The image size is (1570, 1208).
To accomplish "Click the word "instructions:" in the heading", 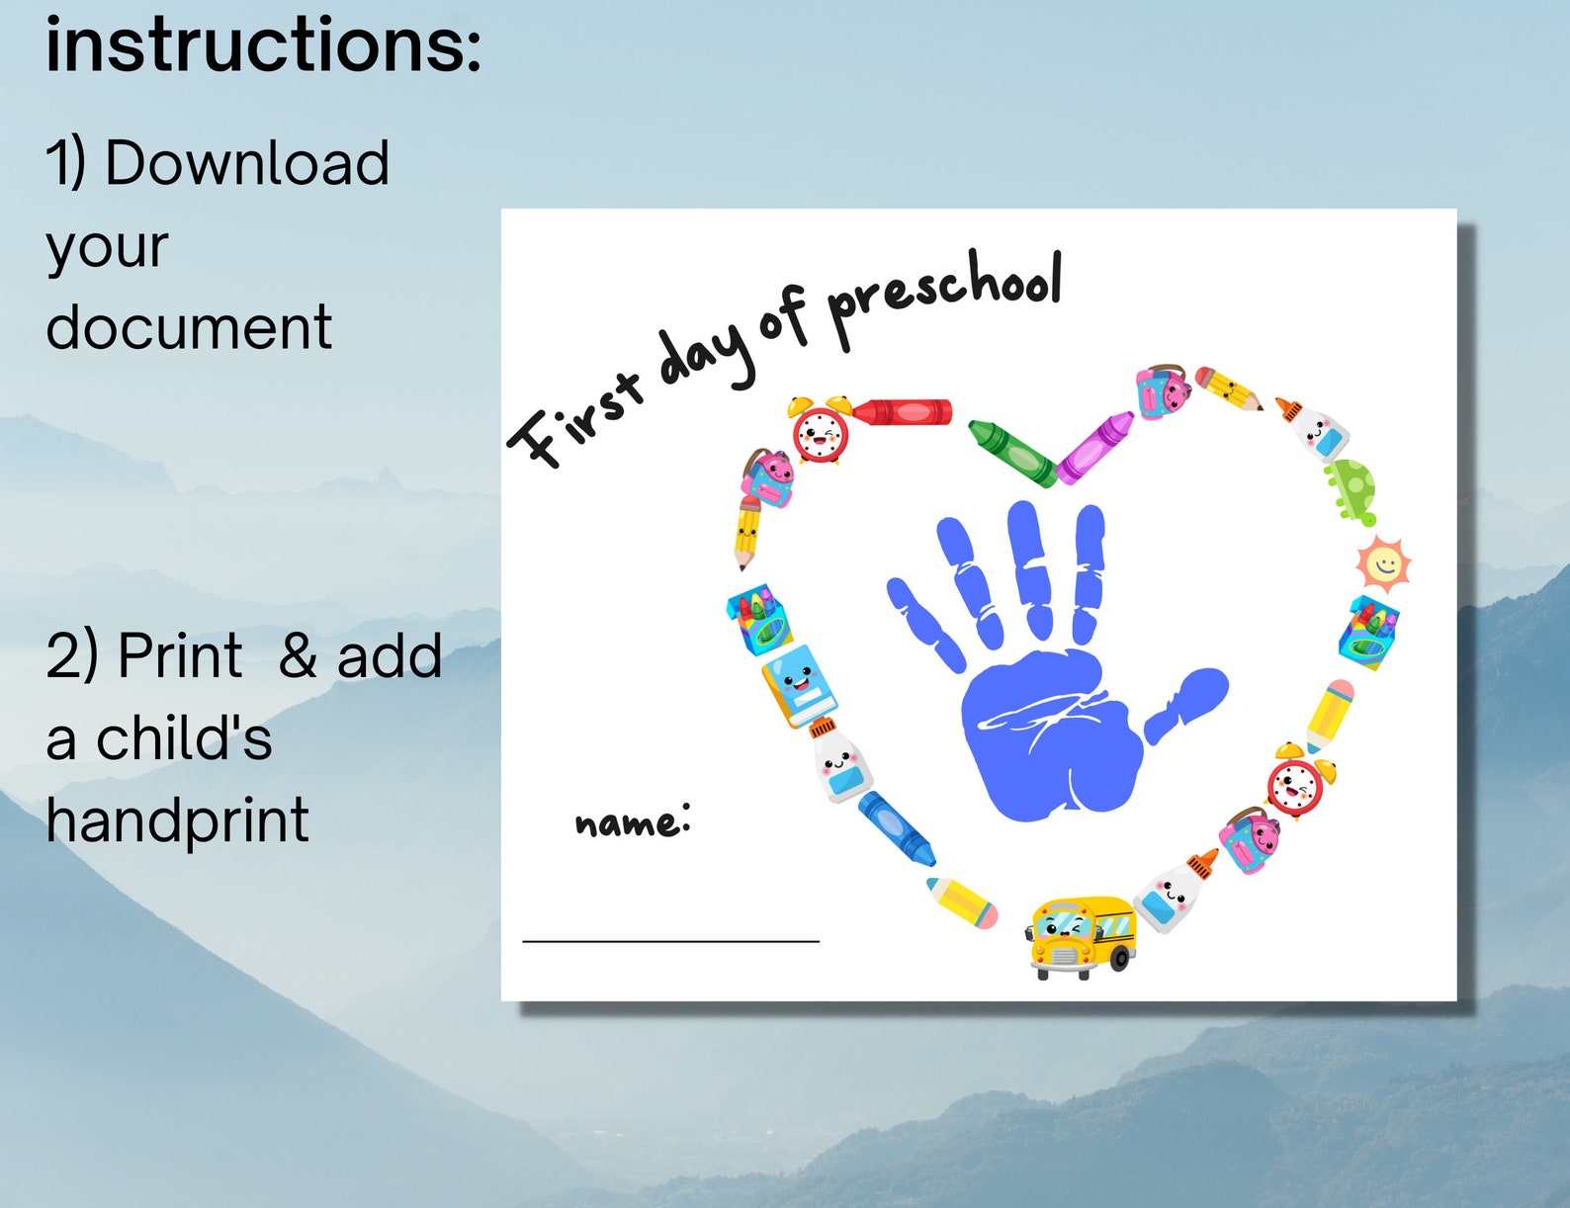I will [x=263, y=45].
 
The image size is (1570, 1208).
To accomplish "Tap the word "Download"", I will [x=246, y=163].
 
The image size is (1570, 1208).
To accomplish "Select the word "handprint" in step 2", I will [x=177, y=820].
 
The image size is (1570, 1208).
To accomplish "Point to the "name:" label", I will [x=632, y=821].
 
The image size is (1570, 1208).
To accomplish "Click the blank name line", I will [x=670, y=940].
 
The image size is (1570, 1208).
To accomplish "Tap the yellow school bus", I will [x=1082, y=935].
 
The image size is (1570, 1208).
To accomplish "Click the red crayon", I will [x=903, y=411].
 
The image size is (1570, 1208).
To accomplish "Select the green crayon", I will [x=1011, y=453].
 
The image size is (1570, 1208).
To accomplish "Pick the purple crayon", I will [x=1095, y=448].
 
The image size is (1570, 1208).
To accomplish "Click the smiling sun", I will [x=1382, y=564].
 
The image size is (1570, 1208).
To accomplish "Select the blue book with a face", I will [x=799, y=685].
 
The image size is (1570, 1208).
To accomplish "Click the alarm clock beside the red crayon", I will [x=821, y=430].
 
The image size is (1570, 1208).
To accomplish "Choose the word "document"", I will [x=189, y=327].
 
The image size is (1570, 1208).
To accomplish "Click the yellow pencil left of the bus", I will [x=961, y=903].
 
